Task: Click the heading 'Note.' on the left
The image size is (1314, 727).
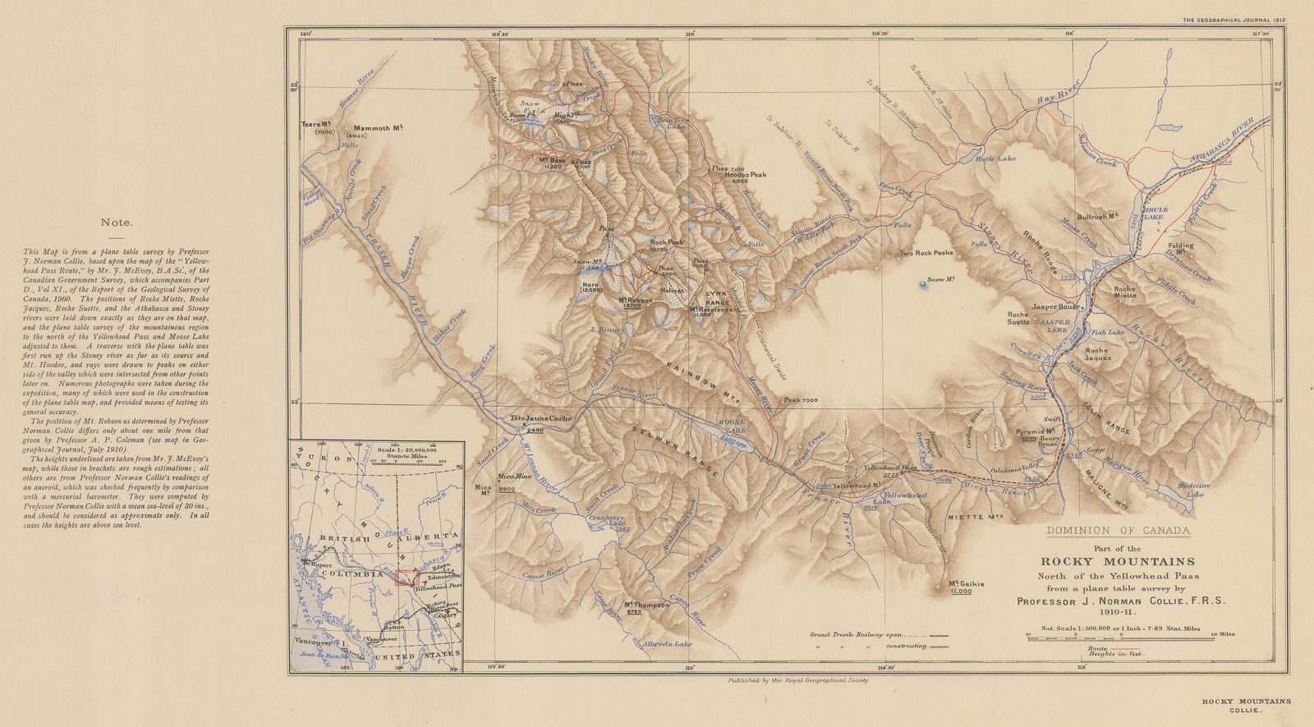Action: (117, 222)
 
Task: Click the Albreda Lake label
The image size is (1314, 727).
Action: (668, 644)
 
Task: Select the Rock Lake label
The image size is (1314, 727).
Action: (995, 158)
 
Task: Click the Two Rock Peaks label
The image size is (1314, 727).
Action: (926, 253)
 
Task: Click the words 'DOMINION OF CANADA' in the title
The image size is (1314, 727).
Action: (1118, 531)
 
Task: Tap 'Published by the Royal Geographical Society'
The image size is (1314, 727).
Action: (787, 681)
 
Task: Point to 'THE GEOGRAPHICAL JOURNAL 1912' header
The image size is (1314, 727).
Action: (1233, 19)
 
